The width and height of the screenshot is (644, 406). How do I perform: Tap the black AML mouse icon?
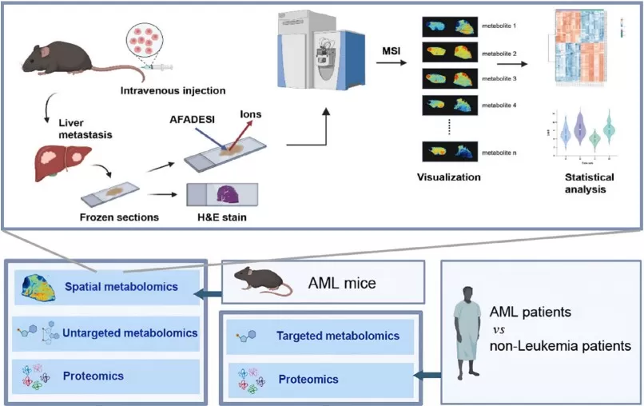pyautogui.click(x=260, y=281)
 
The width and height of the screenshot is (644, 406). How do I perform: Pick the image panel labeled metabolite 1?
pyautogui.click(x=449, y=27)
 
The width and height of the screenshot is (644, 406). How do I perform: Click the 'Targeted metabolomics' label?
pyautogui.click(x=337, y=336)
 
